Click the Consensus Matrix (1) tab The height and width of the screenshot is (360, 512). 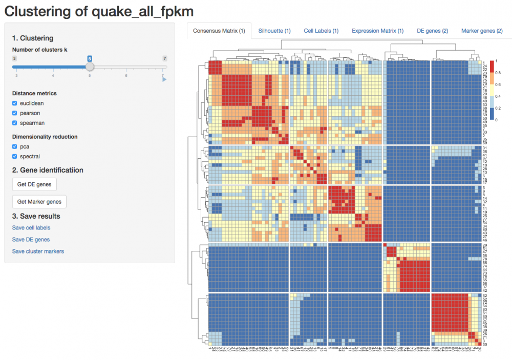219,31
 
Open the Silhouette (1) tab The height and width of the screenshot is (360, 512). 274,31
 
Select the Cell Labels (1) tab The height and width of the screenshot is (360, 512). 321,31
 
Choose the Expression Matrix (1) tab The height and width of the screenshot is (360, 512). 378,31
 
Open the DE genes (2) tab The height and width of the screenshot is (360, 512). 433,31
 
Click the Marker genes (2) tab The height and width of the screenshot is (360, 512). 481,31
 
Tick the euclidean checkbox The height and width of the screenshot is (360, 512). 15,103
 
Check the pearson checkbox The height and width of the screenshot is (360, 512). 15,113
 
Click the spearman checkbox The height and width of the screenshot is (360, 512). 15,123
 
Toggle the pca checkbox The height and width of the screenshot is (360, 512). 15,147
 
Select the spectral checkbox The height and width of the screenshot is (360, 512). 15,157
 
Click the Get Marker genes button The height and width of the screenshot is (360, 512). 39,202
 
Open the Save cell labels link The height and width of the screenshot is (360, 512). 31,228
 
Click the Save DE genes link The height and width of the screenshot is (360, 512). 31,240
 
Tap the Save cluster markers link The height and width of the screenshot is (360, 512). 38,251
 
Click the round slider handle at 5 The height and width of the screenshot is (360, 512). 90,67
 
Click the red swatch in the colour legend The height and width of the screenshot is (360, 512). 493,66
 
